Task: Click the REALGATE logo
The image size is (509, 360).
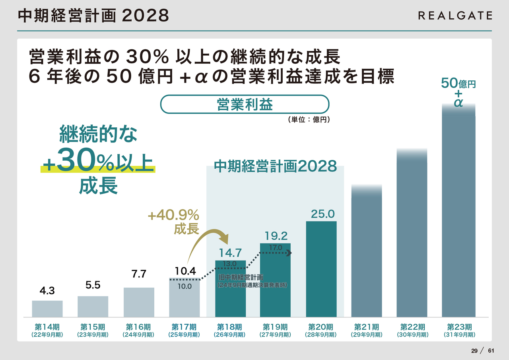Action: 455,16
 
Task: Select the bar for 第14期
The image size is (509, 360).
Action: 47,309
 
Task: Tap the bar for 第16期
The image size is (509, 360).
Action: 139,302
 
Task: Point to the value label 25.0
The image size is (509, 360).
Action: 322,214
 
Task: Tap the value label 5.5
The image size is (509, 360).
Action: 93,285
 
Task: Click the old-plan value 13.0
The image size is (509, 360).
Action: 230,264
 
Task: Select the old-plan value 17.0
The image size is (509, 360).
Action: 275,247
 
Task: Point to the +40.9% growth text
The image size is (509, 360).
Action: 173,216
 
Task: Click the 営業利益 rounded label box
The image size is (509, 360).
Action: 245,104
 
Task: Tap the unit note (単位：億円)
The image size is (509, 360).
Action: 309,119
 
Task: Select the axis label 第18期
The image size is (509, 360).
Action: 230,327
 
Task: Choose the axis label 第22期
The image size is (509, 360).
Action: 412,327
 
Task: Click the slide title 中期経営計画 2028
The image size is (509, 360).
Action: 94,16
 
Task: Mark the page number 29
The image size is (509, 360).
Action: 474,350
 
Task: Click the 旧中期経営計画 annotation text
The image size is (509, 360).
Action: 241,277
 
